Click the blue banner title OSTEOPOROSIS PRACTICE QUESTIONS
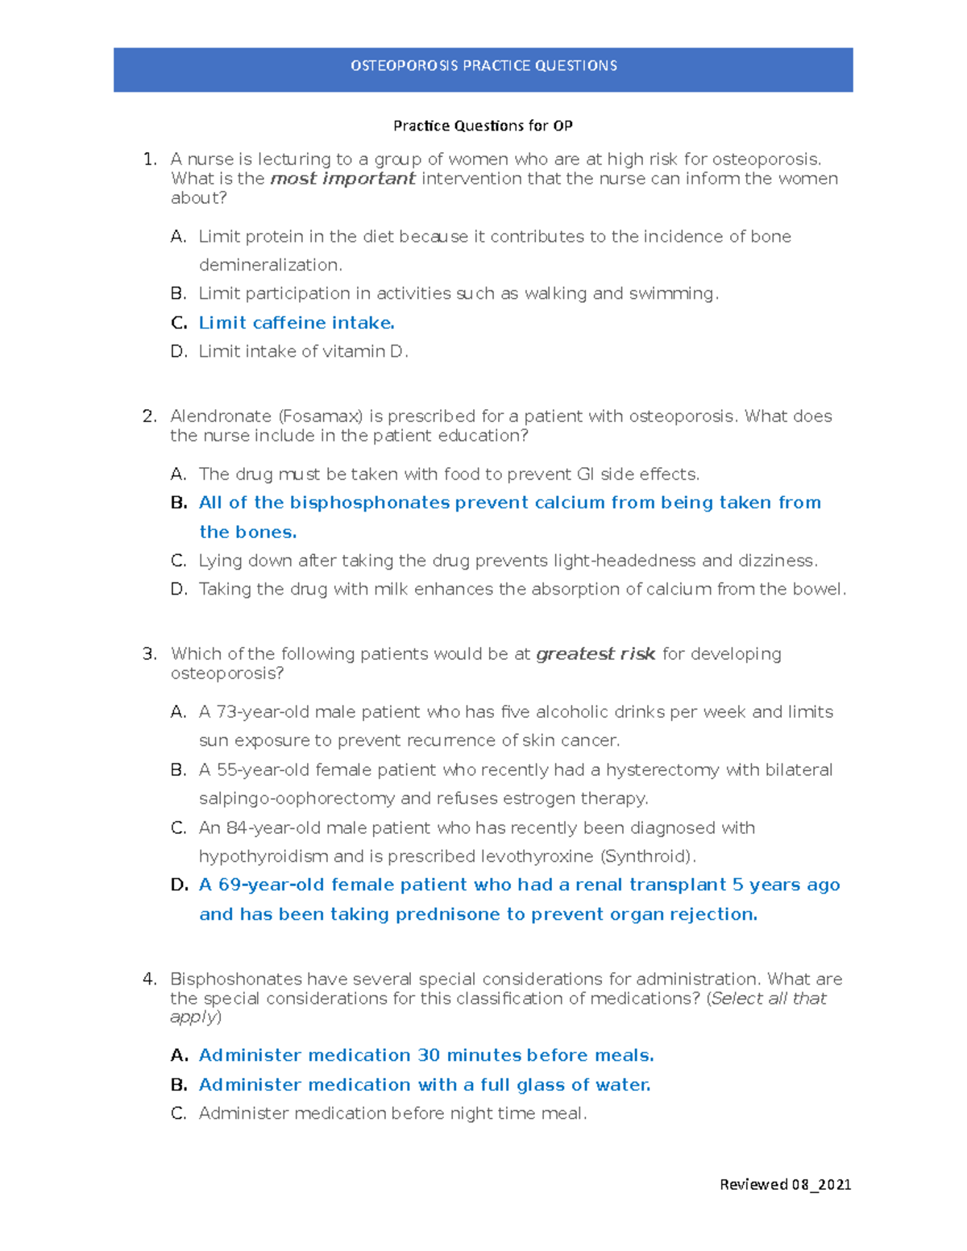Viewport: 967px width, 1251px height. click(x=483, y=66)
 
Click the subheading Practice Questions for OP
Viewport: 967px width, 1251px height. click(x=483, y=126)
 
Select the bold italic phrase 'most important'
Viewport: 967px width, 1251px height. click(x=342, y=179)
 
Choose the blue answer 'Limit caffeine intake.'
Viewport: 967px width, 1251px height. click(x=297, y=323)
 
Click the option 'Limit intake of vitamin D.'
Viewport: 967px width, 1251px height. click(x=303, y=351)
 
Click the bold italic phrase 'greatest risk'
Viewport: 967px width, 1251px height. click(x=596, y=654)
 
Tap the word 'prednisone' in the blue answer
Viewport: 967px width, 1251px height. click(x=447, y=914)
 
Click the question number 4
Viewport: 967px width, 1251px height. click(x=148, y=980)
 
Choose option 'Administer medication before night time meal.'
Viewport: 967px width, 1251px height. click(x=392, y=1113)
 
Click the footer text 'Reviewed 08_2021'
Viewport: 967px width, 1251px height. click(x=785, y=1184)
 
